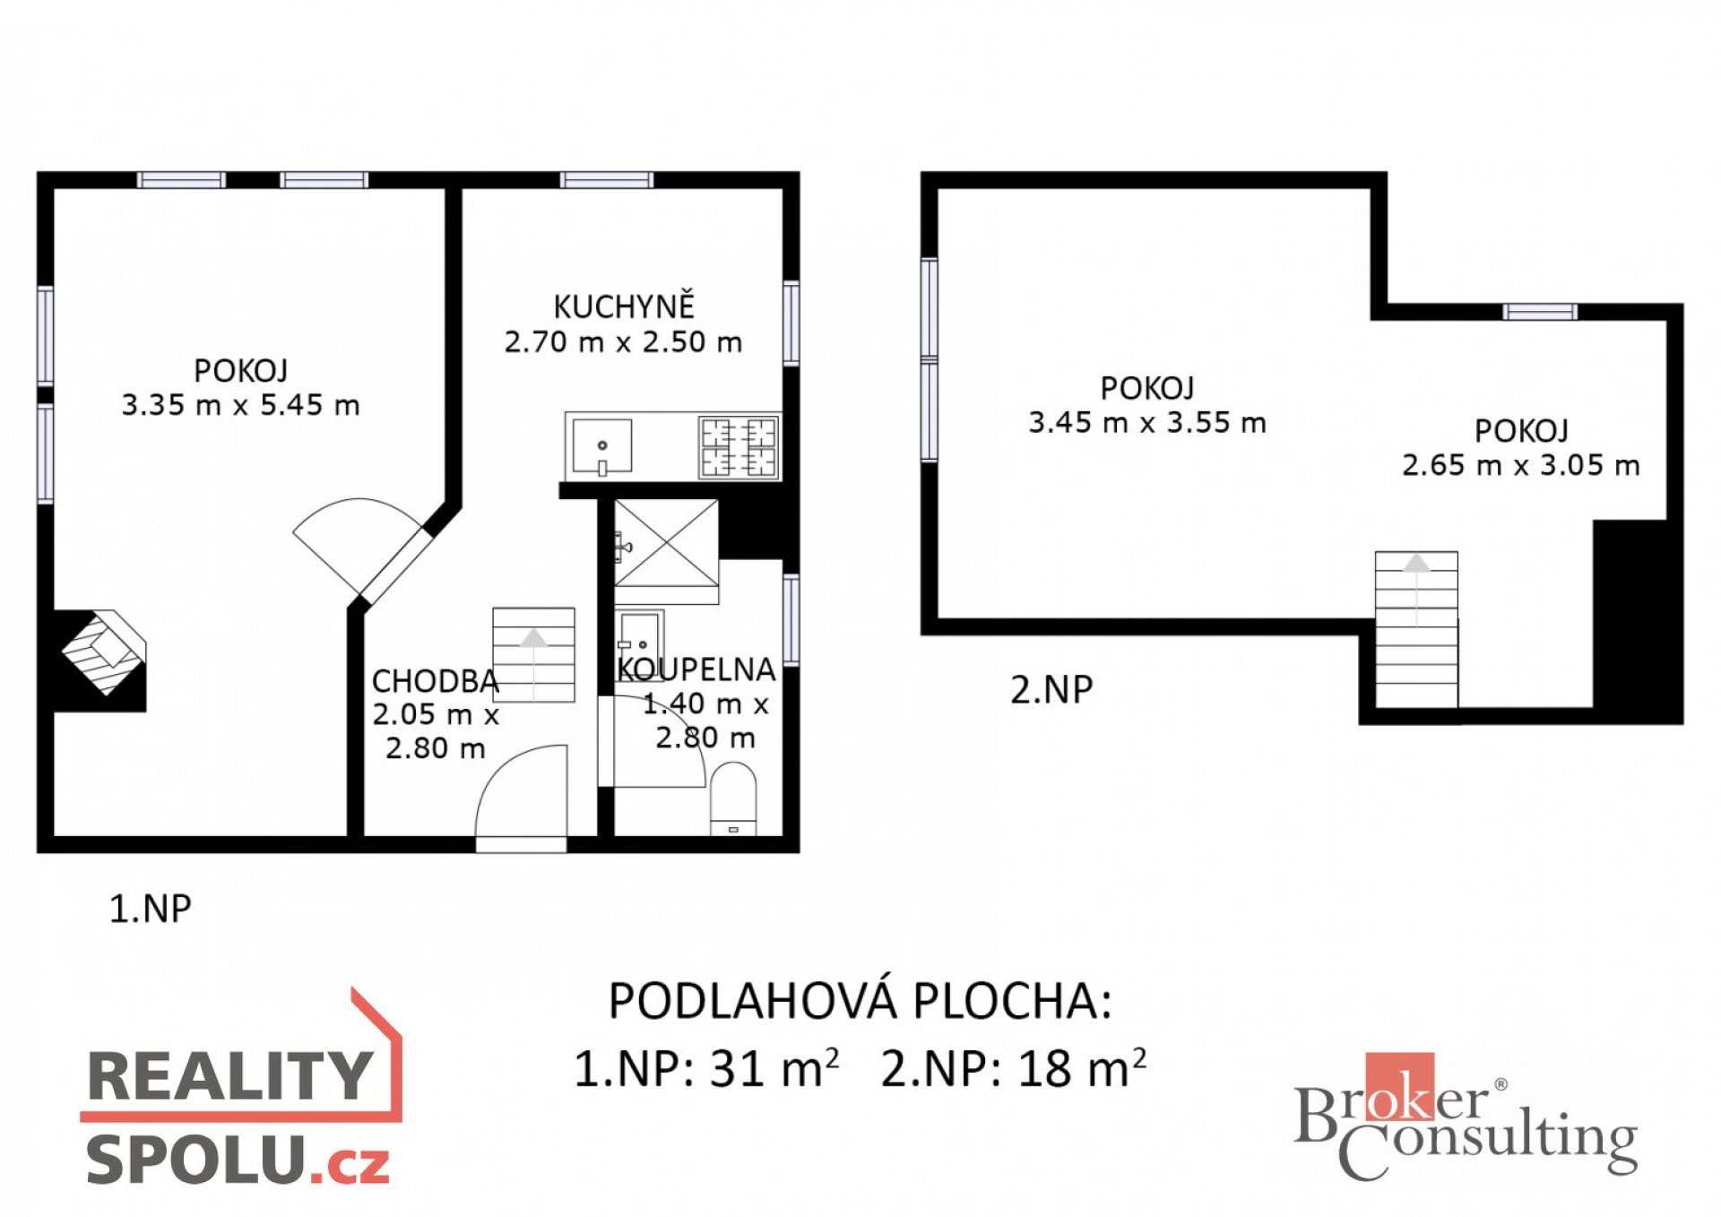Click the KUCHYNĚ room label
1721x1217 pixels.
pos(624,306)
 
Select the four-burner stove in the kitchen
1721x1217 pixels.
pos(739,446)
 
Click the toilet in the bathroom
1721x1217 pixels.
pos(733,798)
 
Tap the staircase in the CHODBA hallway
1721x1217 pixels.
pos(533,654)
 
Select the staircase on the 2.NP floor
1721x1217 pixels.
pos(1416,629)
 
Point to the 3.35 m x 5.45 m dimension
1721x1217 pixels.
pos(240,405)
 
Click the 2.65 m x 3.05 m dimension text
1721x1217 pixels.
pos(1521,465)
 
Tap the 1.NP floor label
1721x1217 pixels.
pos(150,909)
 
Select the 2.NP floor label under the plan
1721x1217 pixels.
pos(1051,689)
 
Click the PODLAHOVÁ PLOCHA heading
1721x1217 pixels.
pos(860,1000)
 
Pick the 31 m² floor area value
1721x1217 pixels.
pos(774,1067)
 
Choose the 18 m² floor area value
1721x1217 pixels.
pos(1082,1067)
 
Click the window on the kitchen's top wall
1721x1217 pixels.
pos(607,180)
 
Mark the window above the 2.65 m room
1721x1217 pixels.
pos(1540,312)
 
